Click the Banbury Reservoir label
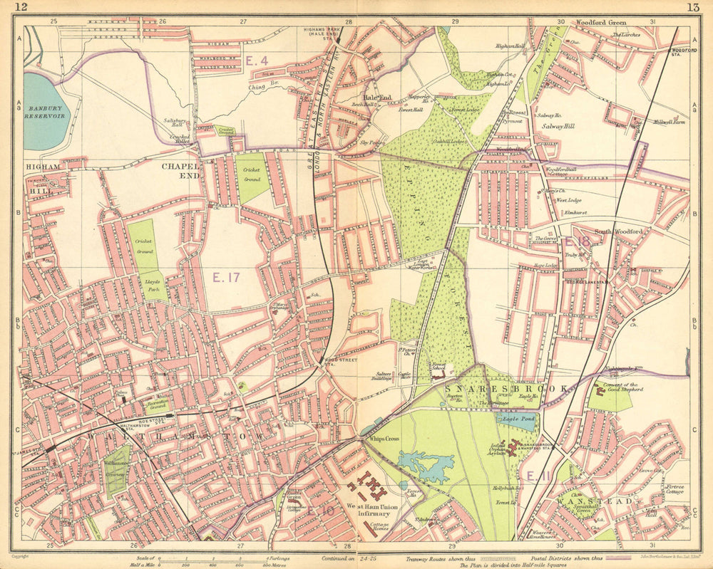[x=44, y=110]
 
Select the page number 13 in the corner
[x=692, y=8]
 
